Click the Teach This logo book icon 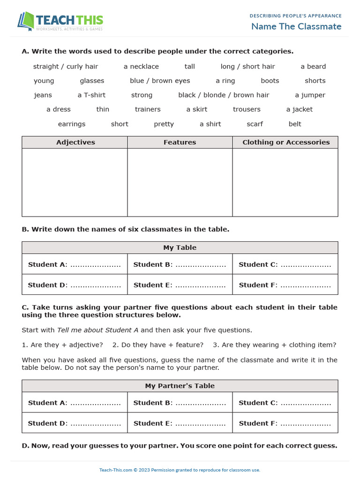[26, 22]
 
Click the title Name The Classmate [296, 26]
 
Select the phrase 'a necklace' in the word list [141, 67]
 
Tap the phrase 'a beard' [313, 67]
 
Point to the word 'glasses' [92, 81]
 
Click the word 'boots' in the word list [270, 81]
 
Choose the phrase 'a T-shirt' [91, 95]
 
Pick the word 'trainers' [148, 109]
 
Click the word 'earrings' [72, 124]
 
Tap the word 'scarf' [255, 124]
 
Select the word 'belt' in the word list [295, 124]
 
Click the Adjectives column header [75, 142]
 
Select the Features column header [180, 142]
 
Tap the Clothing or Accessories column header [286, 142]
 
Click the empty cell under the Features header [180, 182]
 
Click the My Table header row [180, 247]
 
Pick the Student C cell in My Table [285, 264]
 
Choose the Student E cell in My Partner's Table [180, 423]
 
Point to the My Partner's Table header [180, 386]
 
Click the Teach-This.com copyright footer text [180, 470]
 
